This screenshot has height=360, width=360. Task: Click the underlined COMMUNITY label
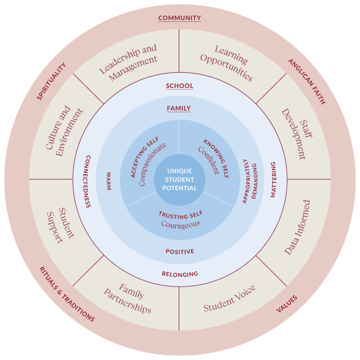[179, 18]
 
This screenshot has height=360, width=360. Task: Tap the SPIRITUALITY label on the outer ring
[52, 82]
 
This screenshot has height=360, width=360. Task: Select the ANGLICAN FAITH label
[307, 82]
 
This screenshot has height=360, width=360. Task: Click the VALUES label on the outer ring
[287, 304]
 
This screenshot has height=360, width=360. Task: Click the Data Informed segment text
[297, 227]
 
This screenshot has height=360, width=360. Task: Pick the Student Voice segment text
[229, 298]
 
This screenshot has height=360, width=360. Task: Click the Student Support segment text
[60, 225]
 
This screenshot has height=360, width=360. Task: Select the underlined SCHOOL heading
[180, 86]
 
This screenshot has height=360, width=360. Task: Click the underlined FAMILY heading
[179, 108]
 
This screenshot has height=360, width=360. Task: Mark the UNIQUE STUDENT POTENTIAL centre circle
[180, 180]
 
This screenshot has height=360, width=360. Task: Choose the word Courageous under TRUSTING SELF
[180, 224]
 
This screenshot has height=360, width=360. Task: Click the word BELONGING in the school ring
[180, 274]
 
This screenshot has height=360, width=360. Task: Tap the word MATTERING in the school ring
[273, 179]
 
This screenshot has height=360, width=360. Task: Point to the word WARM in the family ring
[109, 181]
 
